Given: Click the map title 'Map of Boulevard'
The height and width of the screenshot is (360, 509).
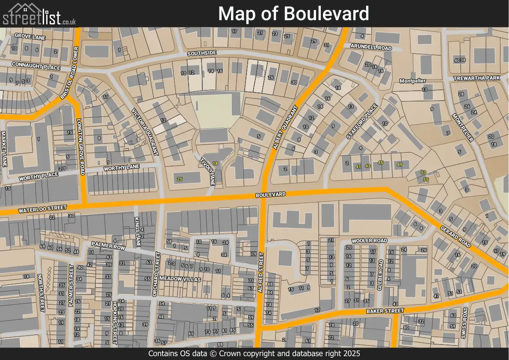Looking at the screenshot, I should (x=293, y=14).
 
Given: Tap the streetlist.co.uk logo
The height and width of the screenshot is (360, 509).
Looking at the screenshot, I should (x=39, y=14).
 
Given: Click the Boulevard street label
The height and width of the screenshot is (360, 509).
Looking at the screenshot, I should (x=270, y=194).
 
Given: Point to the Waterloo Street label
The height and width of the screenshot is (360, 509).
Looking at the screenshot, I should (x=42, y=209).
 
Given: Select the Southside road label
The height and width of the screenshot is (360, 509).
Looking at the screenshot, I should (x=202, y=53).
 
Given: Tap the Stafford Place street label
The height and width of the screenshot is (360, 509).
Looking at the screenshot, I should (x=362, y=122).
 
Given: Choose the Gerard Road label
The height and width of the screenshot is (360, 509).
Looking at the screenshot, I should (x=456, y=237).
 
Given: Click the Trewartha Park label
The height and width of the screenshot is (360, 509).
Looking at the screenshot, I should (x=476, y=78).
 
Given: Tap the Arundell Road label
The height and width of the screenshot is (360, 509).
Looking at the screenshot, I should (x=370, y=47).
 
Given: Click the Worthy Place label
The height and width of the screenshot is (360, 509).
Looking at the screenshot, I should (x=38, y=176).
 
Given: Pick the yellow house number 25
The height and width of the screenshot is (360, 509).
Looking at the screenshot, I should (x=180, y=179).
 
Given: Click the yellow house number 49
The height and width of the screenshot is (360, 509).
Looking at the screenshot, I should (x=400, y=165).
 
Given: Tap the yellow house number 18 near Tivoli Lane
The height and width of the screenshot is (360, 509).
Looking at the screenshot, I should (x=215, y=164).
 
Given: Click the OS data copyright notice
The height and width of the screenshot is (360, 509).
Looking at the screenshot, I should (x=254, y=354).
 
